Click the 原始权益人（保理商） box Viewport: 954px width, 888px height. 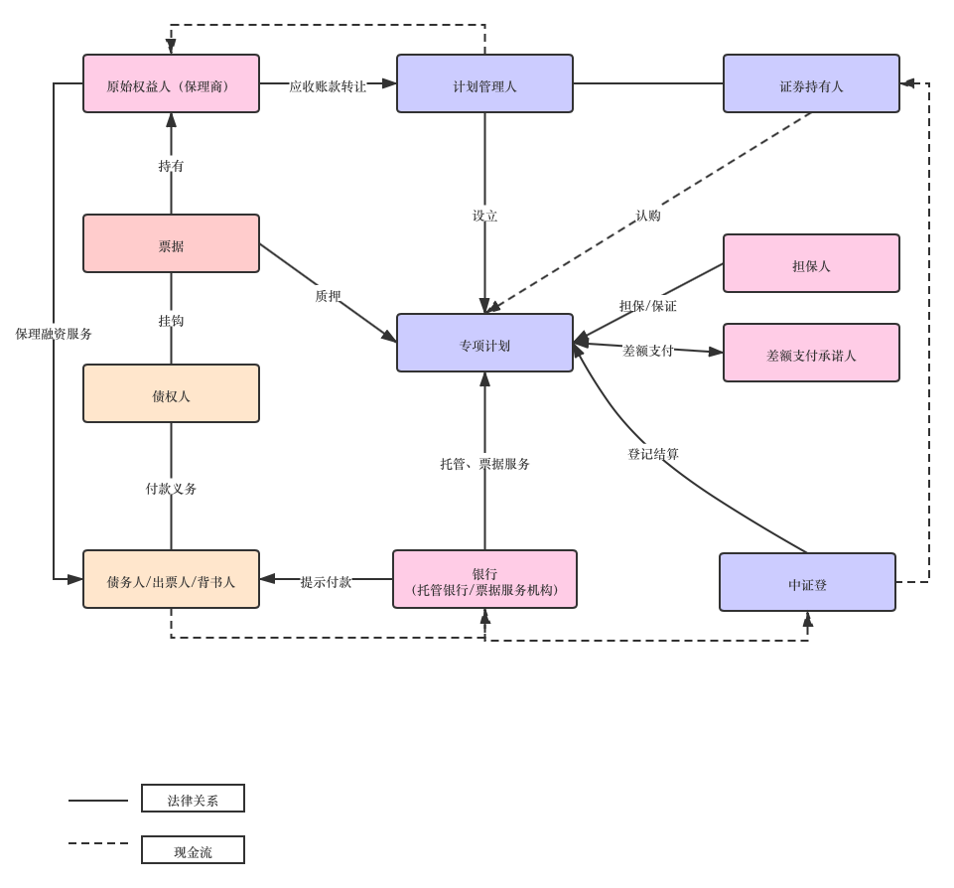[171, 84]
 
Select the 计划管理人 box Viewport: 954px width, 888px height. [484, 84]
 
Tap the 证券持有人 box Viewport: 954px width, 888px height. [811, 84]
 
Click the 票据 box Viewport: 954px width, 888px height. [171, 244]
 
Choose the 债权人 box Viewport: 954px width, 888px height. [171, 394]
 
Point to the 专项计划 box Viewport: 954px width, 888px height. [484, 344]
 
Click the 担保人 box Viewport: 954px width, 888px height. [811, 264]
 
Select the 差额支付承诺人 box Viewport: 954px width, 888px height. [811, 354]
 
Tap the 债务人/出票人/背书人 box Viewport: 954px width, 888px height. [171, 580]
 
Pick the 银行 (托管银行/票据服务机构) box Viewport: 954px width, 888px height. [484, 580]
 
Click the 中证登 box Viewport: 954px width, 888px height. [807, 583]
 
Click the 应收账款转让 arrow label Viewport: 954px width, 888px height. [328, 85]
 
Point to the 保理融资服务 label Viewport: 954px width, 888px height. [54, 334]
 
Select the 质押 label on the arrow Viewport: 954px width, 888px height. [328, 295]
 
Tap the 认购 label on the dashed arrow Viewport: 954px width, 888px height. [647, 215]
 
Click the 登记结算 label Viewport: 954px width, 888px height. [653, 453]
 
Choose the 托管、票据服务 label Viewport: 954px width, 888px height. [484, 462]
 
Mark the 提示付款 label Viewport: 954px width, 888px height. [326, 581]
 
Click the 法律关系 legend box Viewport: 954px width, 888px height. [193, 800]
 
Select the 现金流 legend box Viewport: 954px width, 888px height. [193, 851]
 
